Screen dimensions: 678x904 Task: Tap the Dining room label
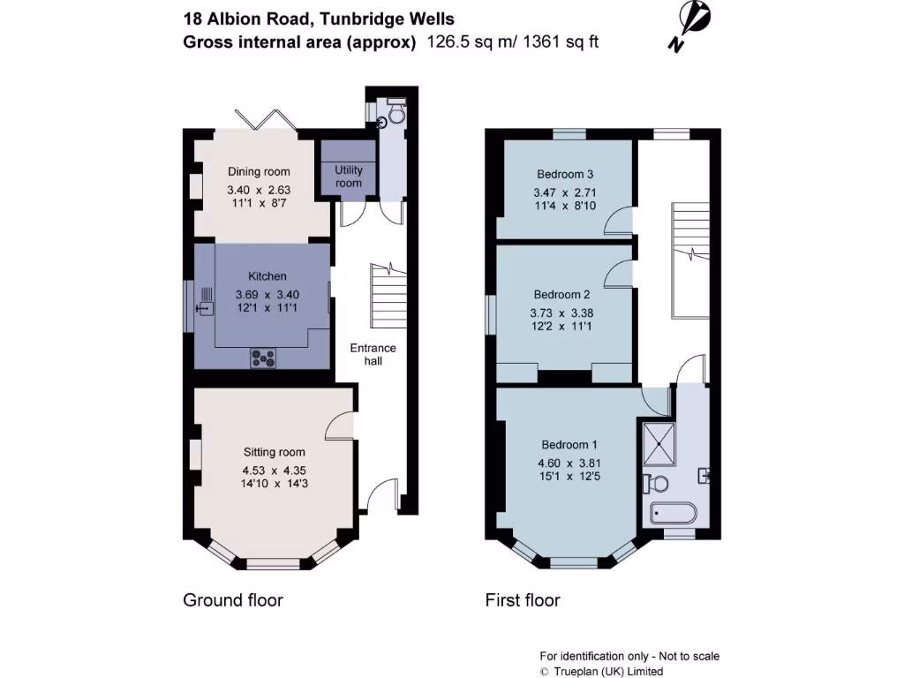click(x=259, y=172)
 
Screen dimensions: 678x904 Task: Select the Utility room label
click(x=349, y=176)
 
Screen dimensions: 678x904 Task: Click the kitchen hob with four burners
click(x=263, y=358)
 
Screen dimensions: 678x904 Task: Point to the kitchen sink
click(x=205, y=308)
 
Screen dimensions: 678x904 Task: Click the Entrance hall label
click(x=373, y=354)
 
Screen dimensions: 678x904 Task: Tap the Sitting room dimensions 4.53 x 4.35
click(x=274, y=471)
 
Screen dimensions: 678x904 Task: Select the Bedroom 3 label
click(x=565, y=174)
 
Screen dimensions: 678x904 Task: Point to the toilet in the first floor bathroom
click(x=655, y=483)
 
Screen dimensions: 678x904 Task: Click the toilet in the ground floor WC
click(x=395, y=114)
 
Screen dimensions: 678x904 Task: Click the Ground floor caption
click(x=232, y=600)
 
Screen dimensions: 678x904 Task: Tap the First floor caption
click(x=523, y=600)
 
